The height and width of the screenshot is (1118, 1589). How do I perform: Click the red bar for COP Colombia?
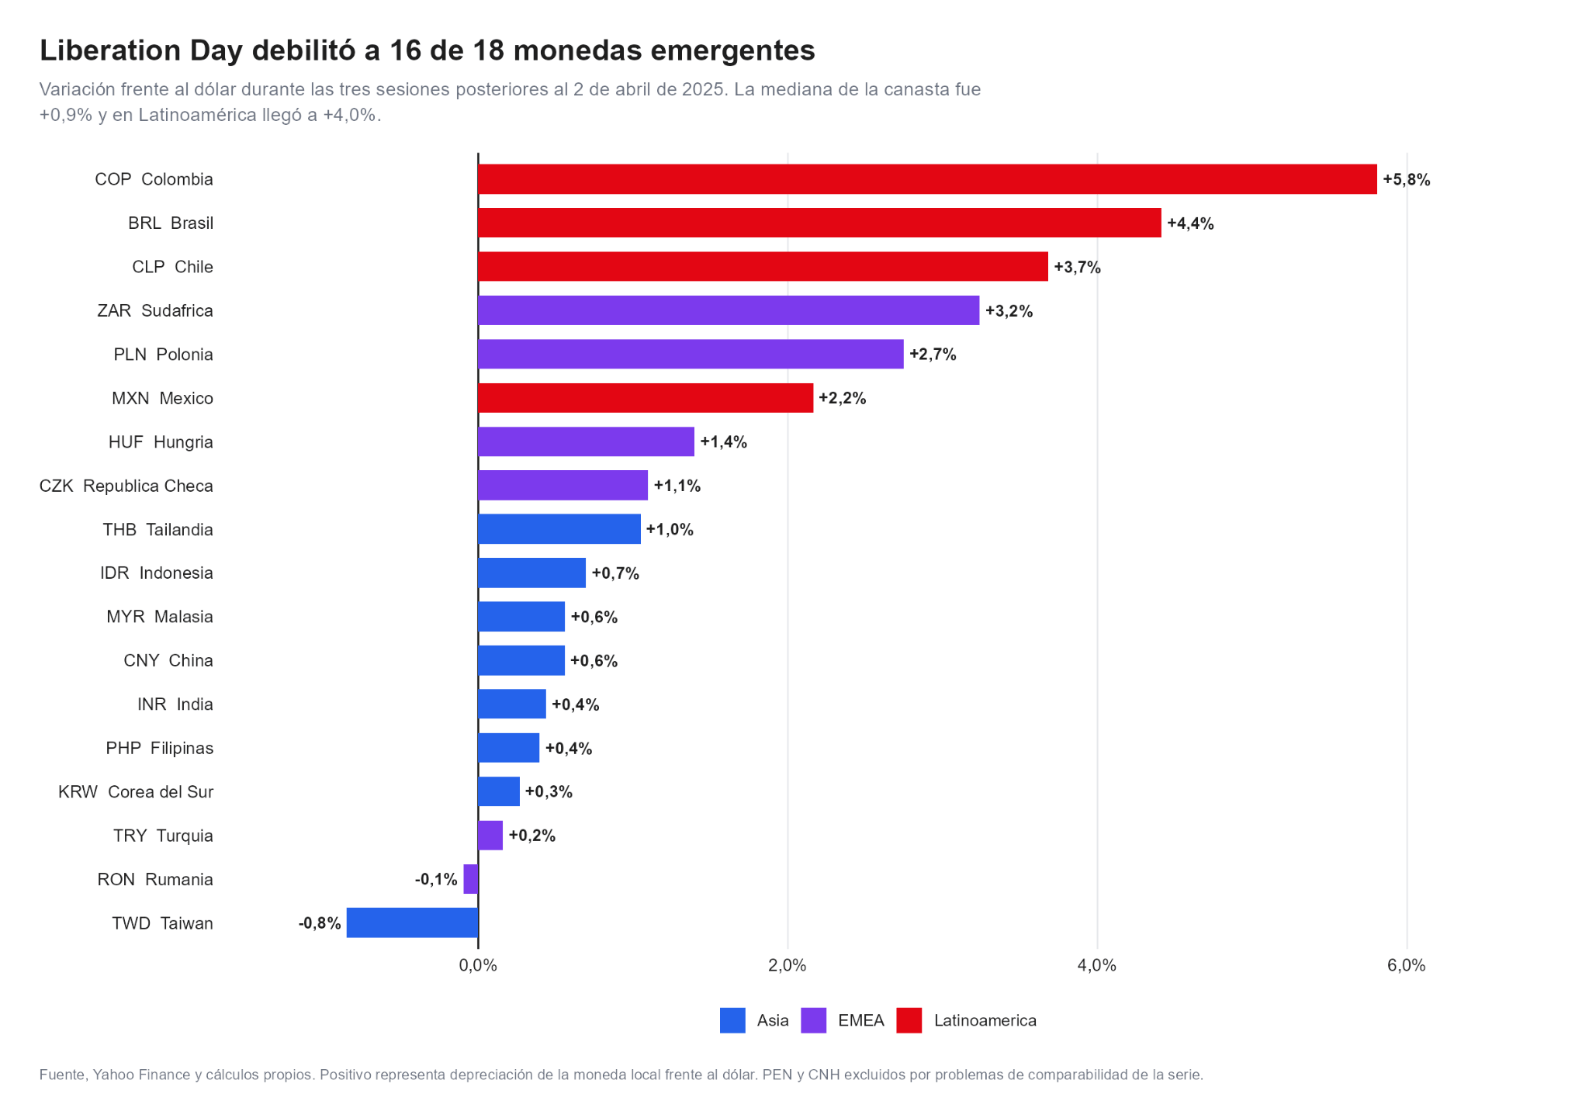[x=927, y=179]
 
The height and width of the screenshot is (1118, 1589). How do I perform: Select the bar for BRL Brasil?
[x=819, y=223]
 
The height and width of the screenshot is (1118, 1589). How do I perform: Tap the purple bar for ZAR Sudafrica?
[x=729, y=310]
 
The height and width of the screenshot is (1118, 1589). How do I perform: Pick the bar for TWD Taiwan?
[x=412, y=922]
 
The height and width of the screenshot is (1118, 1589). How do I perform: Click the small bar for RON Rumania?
[x=471, y=879]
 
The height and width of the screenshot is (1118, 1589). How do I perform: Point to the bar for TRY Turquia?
[x=490, y=836]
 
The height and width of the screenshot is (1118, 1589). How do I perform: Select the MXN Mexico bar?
[x=646, y=398]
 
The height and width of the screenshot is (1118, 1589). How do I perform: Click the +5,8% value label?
[x=1406, y=180]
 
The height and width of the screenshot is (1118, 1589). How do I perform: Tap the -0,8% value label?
[x=320, y=923]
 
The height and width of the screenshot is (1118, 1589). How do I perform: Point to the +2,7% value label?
[x=933, y=355]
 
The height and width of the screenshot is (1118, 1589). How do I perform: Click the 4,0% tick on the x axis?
[x=1097, y=966]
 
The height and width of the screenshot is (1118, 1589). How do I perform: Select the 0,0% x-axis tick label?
[x=478, y=966]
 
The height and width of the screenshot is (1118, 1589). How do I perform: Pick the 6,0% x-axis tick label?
[x=1407, y=966]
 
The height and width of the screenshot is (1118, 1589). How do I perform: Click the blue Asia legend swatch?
[x=732, y=1020]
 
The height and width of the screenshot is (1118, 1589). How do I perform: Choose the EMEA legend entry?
[x=843, y=1020]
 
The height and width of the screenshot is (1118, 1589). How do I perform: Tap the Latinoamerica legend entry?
[x=967, y=1020]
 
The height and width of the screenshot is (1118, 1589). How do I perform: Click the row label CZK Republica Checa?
[x=126, y=486]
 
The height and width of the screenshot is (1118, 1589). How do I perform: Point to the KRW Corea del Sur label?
[x=136, y=791]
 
